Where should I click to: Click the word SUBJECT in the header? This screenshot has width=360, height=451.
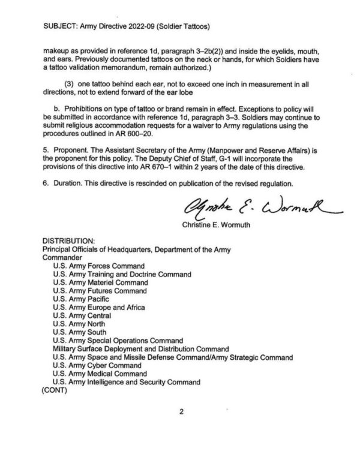pos(62,26)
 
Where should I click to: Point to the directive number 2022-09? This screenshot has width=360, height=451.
pos(146,26)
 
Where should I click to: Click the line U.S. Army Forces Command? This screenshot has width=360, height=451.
pos(98,265)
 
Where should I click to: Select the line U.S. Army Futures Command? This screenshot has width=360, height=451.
pos(100,290)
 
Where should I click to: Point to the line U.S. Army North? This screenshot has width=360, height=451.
pos(79,323)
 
